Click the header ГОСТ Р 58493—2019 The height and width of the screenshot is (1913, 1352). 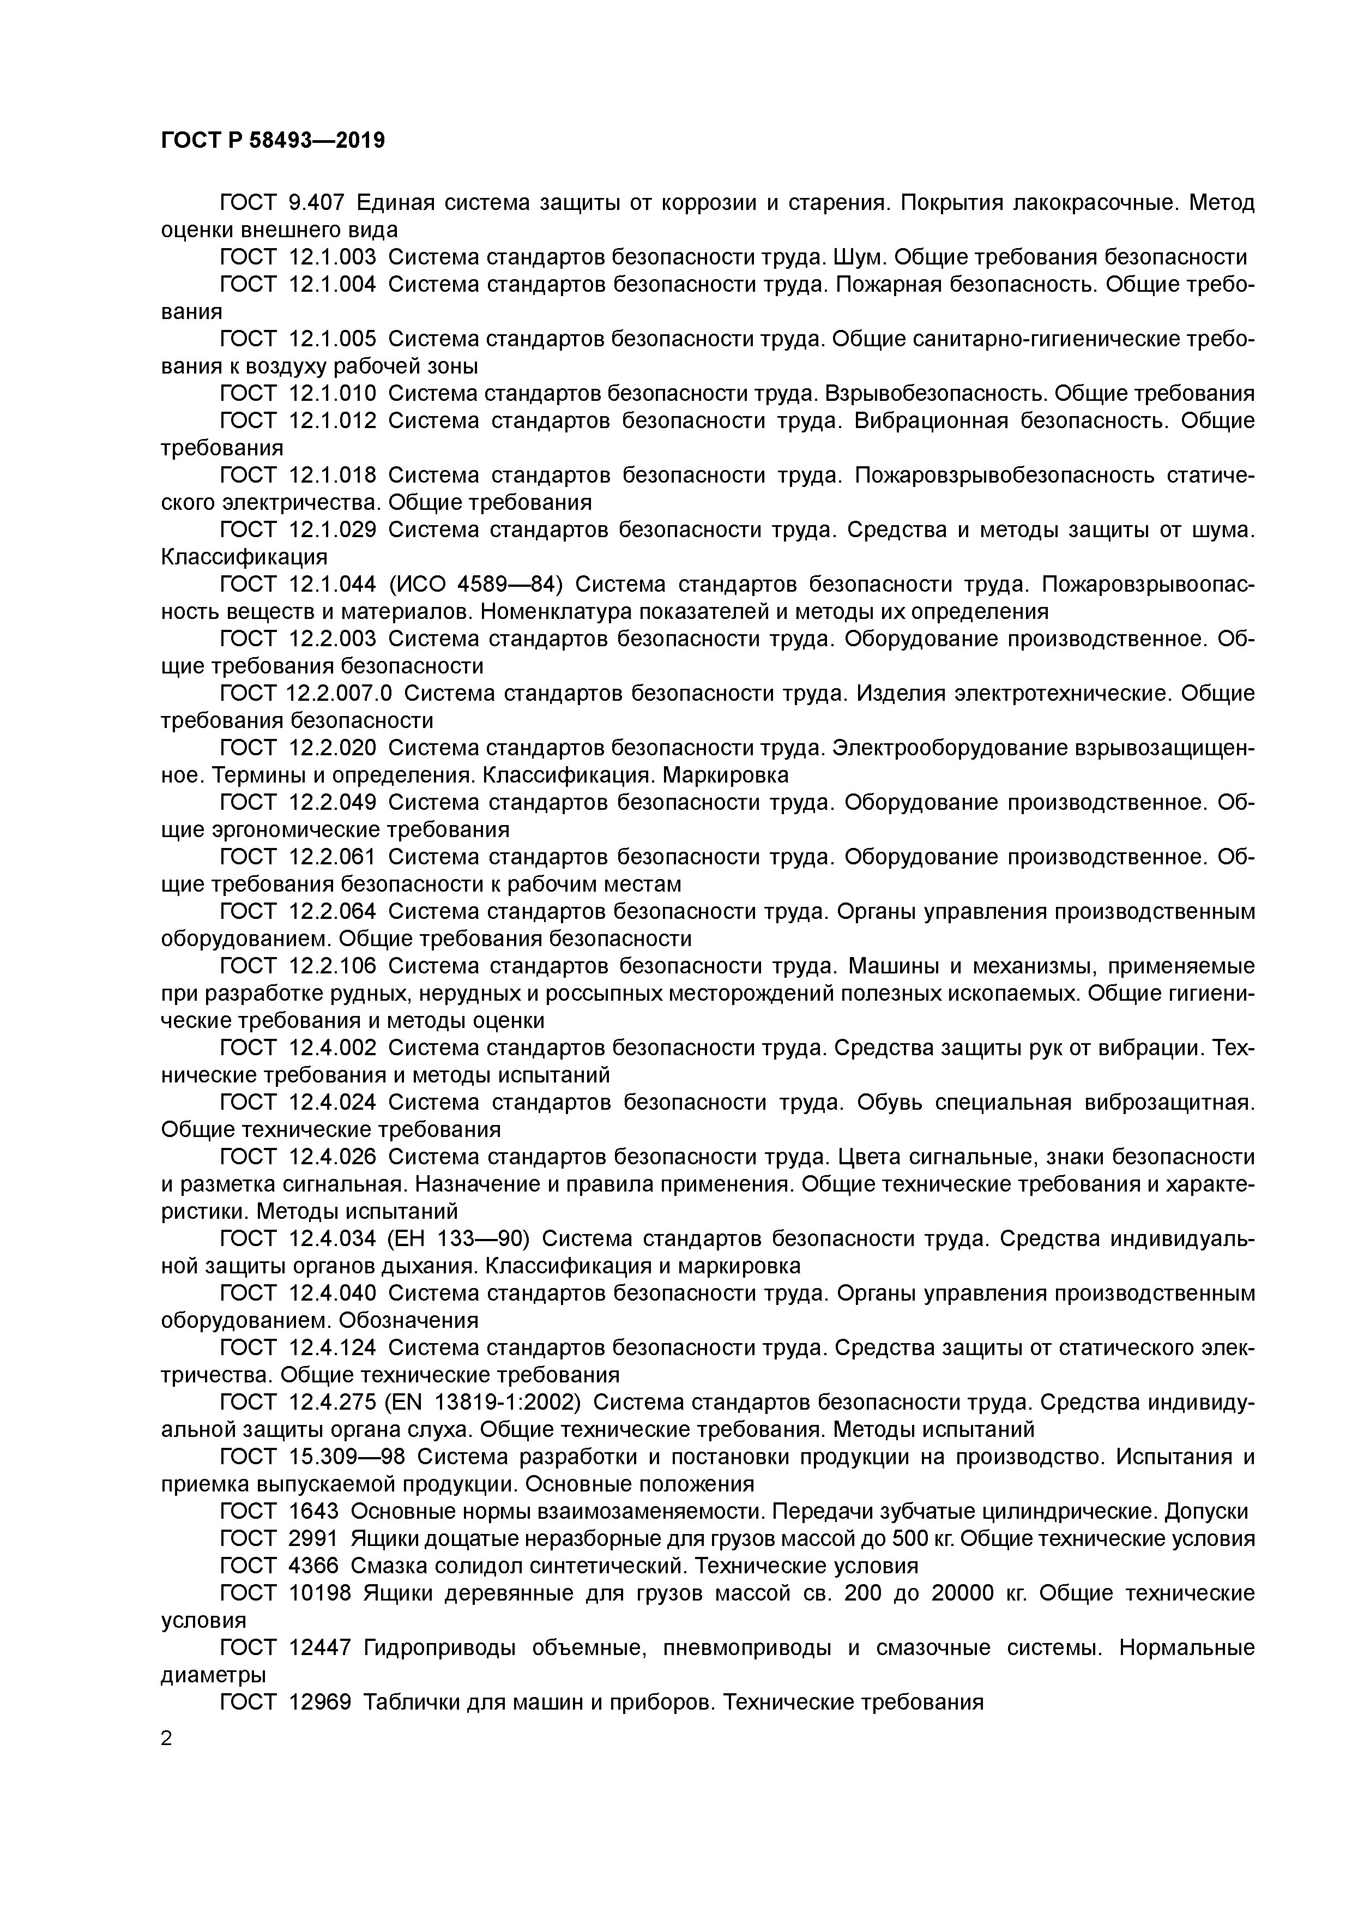273,141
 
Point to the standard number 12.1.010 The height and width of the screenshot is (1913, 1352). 333,393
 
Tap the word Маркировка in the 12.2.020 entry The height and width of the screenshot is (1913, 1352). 726,775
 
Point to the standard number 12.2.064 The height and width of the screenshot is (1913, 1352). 333,911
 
